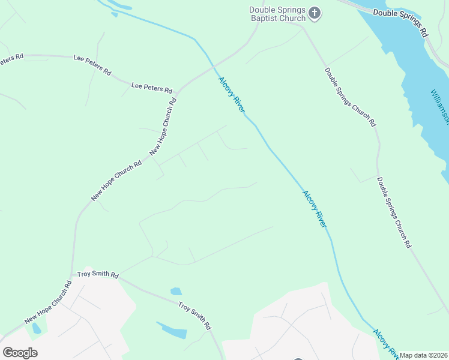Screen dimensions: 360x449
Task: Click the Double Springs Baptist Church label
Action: (x=278, y=14)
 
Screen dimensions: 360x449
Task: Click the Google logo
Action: (x=20, y=353)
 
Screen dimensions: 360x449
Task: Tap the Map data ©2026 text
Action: (x=424, y=355)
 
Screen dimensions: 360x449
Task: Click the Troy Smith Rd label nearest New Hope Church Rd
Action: (x=98, y=275)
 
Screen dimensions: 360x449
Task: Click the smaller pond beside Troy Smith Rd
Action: (x=176, y=292)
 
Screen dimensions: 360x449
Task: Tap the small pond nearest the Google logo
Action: (x=37, y=328)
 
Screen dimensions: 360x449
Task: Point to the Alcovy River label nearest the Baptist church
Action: (x=232, y=94)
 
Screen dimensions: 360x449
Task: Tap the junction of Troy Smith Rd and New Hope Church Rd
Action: (x=73, y=274)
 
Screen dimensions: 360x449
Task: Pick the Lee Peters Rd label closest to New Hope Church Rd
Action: (x=151, y=88)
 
